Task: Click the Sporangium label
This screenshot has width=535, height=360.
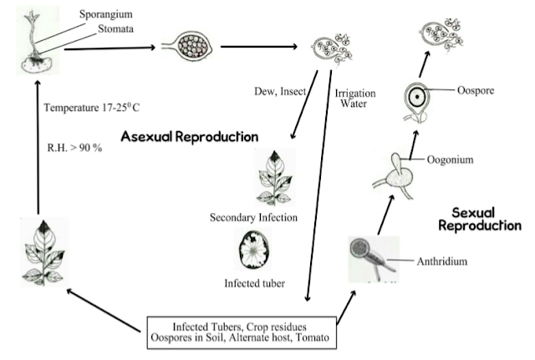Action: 106,15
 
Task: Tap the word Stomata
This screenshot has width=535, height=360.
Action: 115,29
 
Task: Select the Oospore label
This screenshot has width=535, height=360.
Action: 476,91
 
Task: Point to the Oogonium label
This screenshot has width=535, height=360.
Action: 450,160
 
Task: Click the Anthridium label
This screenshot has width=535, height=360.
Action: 442,261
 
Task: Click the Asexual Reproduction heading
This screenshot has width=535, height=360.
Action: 190,136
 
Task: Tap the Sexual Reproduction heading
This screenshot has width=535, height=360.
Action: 480,219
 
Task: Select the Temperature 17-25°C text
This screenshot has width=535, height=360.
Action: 92,108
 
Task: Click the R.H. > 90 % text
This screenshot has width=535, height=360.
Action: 74,148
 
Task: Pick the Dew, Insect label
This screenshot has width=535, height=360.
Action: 280,91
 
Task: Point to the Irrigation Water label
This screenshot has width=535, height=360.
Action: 354,99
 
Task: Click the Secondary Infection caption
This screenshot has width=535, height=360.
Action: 253,217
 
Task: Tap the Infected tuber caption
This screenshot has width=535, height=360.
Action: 254,283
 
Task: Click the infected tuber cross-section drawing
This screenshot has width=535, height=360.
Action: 252,250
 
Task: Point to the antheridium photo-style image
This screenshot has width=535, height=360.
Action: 374,260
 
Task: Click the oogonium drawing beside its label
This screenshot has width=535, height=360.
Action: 395,175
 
